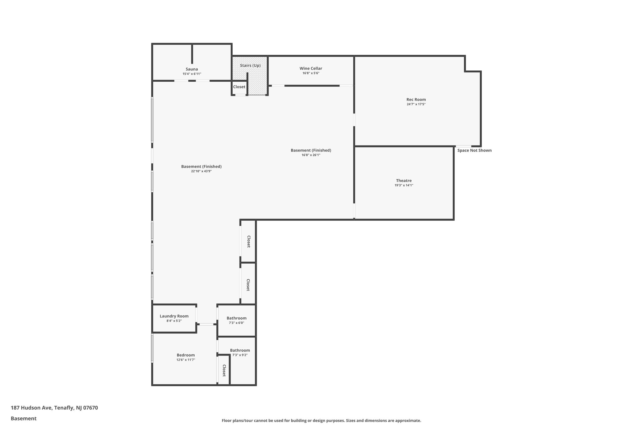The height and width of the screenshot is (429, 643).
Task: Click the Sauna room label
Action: [192, 69]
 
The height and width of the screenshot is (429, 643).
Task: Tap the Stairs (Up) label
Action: [250, 65]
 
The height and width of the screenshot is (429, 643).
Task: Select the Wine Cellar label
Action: [311, 68]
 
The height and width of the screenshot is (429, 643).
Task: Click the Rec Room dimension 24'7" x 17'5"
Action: [416, 104]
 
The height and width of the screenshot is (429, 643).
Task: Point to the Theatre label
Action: [403, 180]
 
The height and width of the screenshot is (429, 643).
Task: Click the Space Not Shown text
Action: [474, 150]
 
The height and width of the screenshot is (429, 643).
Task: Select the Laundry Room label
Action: [174, 316]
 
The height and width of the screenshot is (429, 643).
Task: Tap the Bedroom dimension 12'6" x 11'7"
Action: [186, 360]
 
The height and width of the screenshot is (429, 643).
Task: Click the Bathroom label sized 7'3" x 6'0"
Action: [236, 318]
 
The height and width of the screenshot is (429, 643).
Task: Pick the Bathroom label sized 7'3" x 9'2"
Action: [240, 350]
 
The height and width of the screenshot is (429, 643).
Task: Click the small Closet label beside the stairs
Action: [239, 87]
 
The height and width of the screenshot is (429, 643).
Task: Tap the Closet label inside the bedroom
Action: [224, 370]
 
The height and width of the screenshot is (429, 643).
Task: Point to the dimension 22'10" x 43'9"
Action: [201, 171]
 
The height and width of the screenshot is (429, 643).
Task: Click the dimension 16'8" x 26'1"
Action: [311, 155]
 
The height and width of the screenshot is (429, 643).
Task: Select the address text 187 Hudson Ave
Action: [54, 408]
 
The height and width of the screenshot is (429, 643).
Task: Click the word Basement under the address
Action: [24, 418]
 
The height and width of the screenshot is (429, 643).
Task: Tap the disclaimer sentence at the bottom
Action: [321, 421]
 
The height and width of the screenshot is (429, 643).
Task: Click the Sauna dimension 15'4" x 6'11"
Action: [192, 74]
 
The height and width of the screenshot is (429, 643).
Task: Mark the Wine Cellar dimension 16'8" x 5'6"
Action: [311, 73]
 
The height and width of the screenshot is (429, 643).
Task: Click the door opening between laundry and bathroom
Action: [206, 324]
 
